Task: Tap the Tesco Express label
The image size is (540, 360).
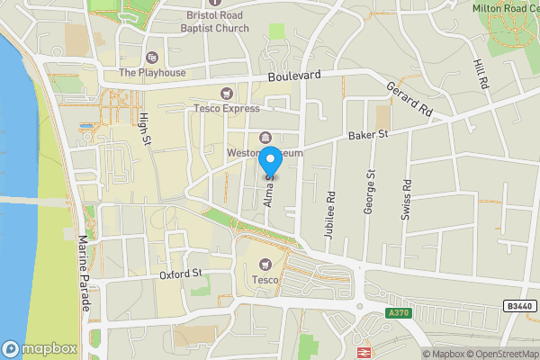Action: click(226, 108)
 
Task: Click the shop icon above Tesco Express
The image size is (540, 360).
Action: click(226, 93)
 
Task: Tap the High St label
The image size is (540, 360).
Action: click(144, 129)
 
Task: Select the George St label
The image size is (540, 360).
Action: click(368, 192)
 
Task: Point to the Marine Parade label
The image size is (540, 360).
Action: click(84, 274)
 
